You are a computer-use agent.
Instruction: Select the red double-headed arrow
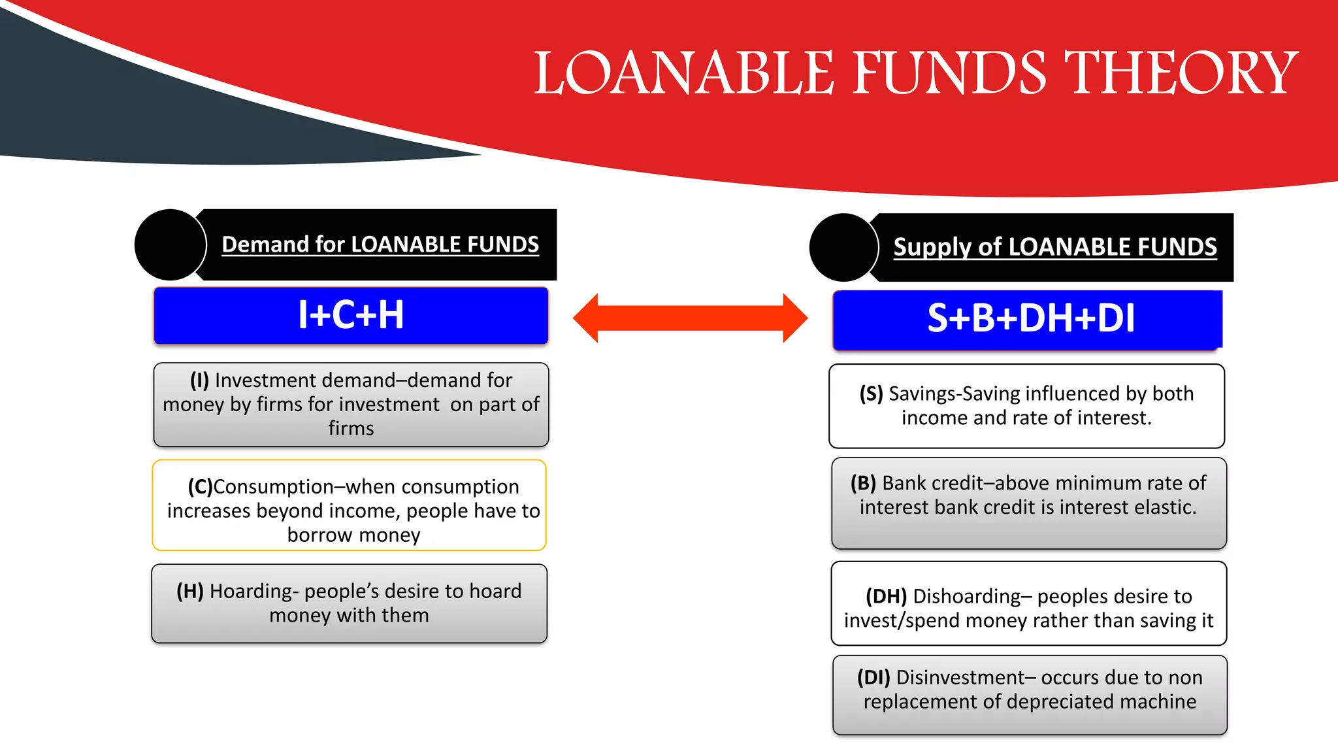tap(690, 318)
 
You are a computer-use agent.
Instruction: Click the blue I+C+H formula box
tap(351, 315)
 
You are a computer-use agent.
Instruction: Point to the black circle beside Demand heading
tap(171, 244)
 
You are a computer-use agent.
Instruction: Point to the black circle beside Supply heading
tap(843, 247)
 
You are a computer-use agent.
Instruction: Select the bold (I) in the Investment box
tap(199, 380)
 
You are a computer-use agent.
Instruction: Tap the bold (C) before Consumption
tap(200, 486)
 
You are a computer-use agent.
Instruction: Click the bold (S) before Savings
tap(871, 393)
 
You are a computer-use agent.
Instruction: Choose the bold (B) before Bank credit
tap(863, 483)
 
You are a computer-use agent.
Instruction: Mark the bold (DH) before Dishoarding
tap(886, 596)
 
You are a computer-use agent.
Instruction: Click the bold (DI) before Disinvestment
tap(873, 677)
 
